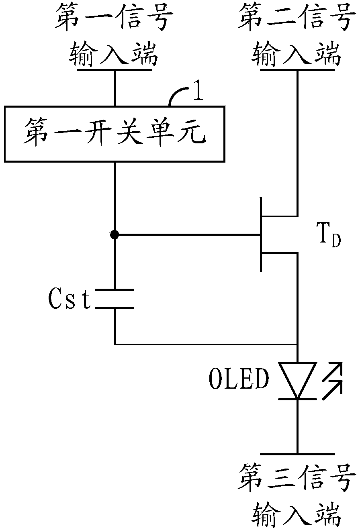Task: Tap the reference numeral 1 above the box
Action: [198, 90]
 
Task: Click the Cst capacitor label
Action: [70, 299]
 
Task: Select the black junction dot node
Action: [115, 235]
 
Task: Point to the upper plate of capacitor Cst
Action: [115, 289]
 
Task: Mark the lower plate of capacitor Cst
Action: [115, 308]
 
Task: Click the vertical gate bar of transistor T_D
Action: [261, 235]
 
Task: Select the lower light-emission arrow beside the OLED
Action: [332, 390]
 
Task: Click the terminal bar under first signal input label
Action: [115, 70]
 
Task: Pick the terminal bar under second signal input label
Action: [297, 70]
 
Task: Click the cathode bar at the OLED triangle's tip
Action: [297, 399]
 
